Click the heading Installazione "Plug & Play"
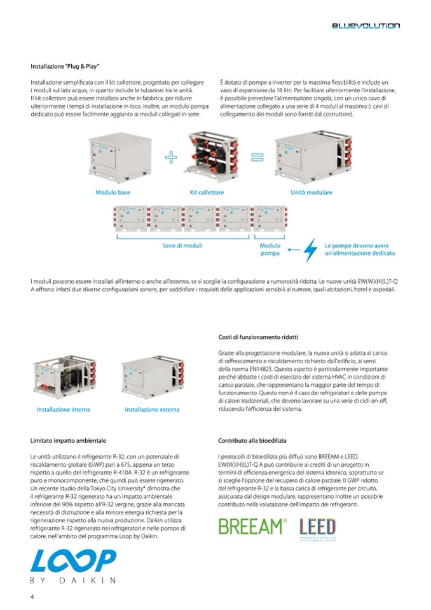(x=65, y=66)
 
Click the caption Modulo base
(x=112, y=191)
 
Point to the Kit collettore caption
(x=206, y=191)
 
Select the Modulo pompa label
(x=270, y=249)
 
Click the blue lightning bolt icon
(x=310, y=249)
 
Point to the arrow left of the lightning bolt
(x=292, y=250)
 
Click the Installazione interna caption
(x=63, y=410)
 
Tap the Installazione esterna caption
(x=151, y=410)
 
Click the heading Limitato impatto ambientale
(x=68, y=440)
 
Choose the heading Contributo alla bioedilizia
(x=252, y=440)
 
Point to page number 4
(x=32, y=596)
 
